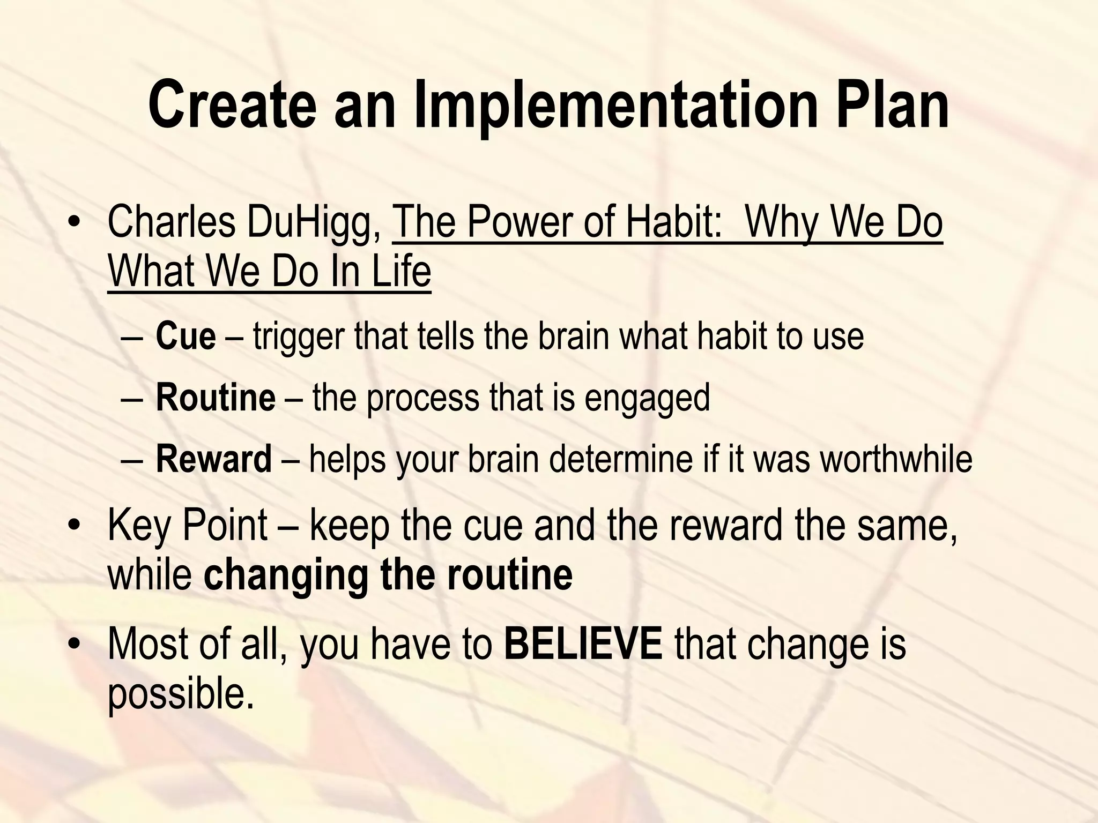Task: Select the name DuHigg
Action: click(x=314, y=223)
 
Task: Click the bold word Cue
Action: click(x=186, y=336)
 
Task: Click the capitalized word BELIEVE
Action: click(x=583, y=644)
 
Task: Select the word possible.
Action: click(x=180, y=694)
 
